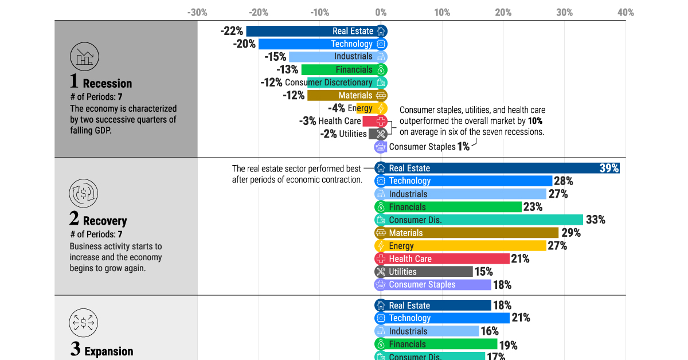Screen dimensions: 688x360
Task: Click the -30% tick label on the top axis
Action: coord(197,13)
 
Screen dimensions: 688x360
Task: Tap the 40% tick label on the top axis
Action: coord(626,13)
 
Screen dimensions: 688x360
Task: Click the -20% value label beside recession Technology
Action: coord(244,44)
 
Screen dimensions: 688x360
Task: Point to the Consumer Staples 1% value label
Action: coord(463,147)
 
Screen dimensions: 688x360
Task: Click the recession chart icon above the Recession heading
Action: coord(84,57)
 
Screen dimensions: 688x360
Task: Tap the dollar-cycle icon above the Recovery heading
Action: coord(84,194)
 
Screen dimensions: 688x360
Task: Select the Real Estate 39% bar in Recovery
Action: coord(497,168)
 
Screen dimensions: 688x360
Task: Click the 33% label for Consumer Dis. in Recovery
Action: coord(596,220)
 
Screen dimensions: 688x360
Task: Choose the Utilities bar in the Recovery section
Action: coord(424,272)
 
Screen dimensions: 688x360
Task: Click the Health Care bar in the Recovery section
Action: coord(442,259)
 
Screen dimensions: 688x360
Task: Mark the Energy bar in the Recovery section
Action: coord(460,246)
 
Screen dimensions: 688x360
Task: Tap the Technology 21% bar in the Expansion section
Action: coord(442,318)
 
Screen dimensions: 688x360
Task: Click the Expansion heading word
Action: coord(109,351)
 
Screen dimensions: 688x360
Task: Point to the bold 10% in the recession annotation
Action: coord(535,121)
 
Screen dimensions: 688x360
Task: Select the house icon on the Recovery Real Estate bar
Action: coord(381,168)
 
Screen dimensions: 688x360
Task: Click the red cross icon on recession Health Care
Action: coord(381,121)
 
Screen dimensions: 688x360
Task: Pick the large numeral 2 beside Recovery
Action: coord(74,218)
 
